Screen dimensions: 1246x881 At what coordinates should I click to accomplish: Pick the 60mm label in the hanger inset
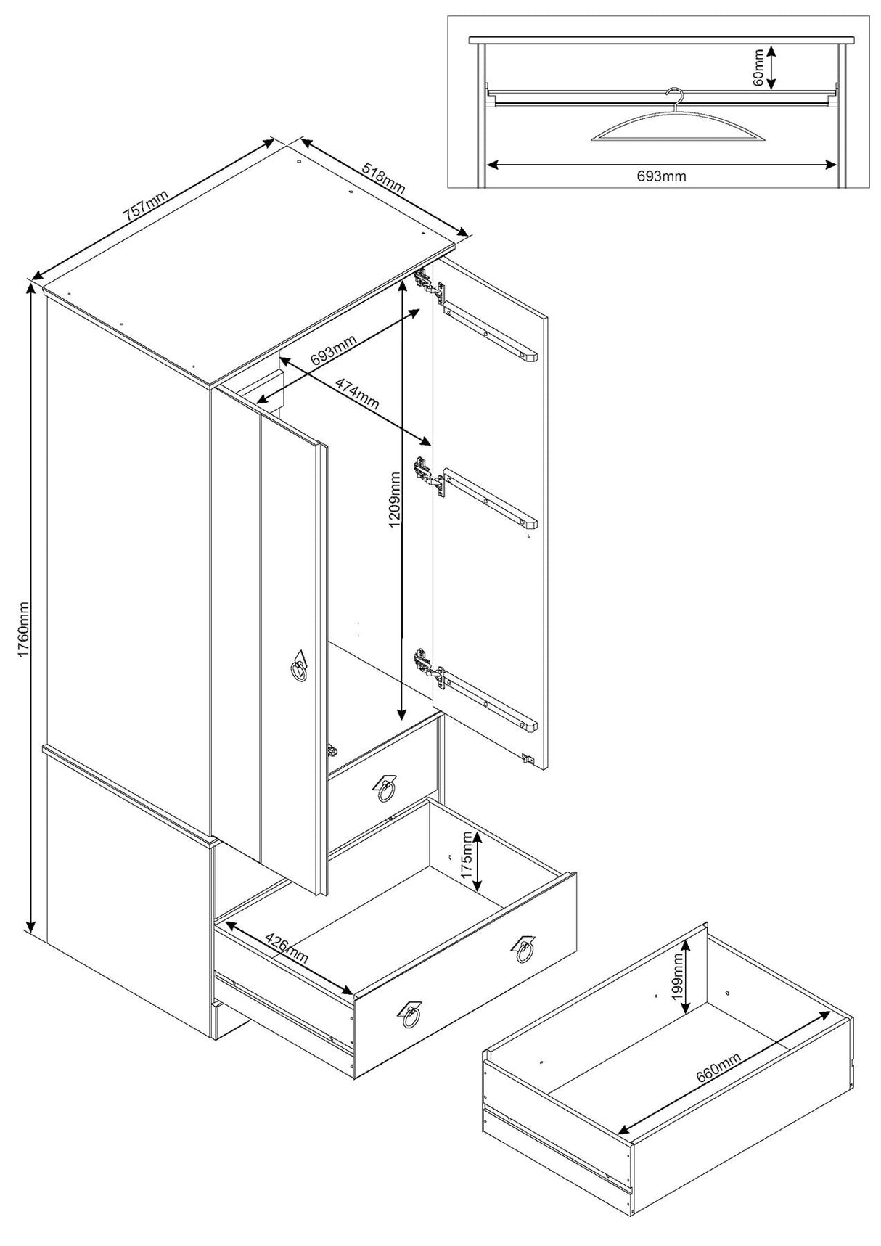(x=758, y=67)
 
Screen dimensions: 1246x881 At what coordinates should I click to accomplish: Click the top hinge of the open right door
(x=428, y=285)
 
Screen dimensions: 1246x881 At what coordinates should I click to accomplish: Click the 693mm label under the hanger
(x=661, y=176)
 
